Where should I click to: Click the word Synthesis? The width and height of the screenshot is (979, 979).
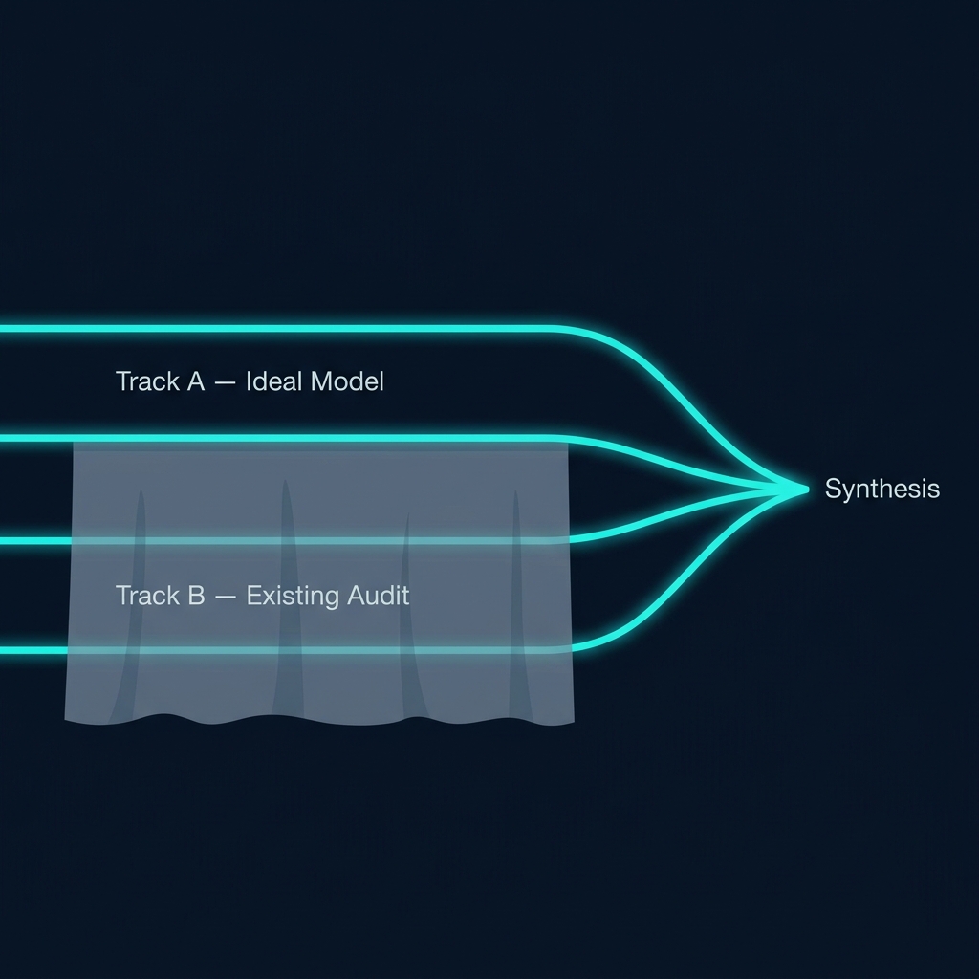coord(881,489)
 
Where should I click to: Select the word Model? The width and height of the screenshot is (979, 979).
coord(348,381)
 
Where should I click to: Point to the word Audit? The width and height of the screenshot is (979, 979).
coord(379,596)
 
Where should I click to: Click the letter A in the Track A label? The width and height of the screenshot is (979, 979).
coord(195,381)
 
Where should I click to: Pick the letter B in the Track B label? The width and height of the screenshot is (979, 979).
coord(196,596)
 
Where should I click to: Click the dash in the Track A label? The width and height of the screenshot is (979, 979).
coord(226,382)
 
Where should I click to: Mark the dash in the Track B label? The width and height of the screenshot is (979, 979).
coord(226,597)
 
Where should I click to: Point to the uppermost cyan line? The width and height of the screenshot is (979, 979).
coord(287,329)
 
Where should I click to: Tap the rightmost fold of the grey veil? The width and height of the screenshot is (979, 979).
coord(517,602)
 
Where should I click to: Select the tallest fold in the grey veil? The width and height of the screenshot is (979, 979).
coord(286,593)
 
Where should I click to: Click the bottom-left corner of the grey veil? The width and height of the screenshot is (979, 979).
coord(65,719)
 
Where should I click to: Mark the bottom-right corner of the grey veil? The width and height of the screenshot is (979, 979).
coord(574,722)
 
